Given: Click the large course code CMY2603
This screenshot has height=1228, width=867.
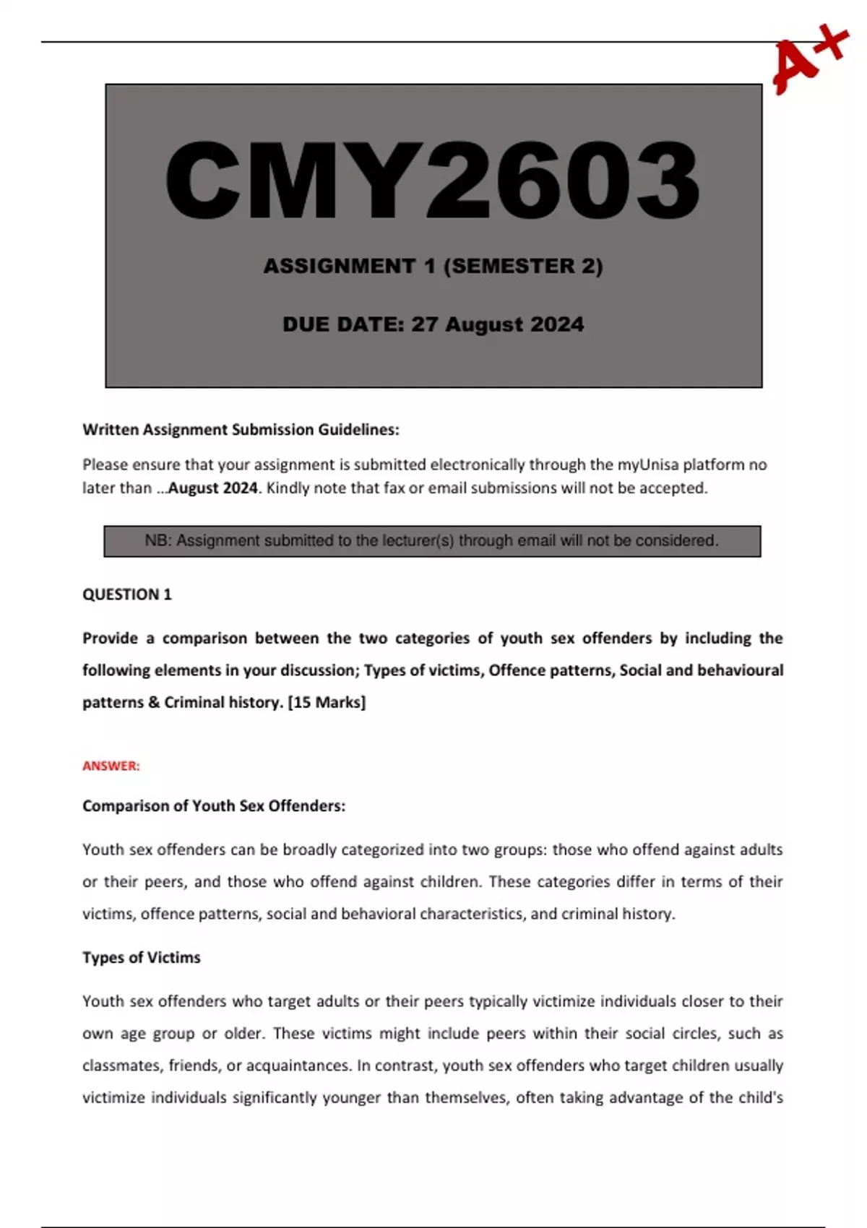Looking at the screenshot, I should [x=433, y=181].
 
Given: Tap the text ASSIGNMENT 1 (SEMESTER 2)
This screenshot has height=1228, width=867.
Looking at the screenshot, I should [x=433, y=266].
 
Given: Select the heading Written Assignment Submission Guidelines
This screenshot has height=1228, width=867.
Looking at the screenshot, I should [x=241, y=430].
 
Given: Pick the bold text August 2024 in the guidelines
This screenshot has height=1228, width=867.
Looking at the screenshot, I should [x=212, y=488].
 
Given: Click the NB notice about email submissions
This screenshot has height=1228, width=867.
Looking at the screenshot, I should [x=432, y=541].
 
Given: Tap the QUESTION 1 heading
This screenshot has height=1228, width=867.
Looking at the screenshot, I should [x=127, y=594].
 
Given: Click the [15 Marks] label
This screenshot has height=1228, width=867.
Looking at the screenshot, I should [x=327, y=702].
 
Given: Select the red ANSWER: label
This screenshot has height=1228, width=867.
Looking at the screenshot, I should [x=111, y=766].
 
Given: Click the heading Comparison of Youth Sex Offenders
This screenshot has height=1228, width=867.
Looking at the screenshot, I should [x=214, y=806].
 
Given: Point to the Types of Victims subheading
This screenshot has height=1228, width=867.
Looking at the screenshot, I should [x=142, y=958].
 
